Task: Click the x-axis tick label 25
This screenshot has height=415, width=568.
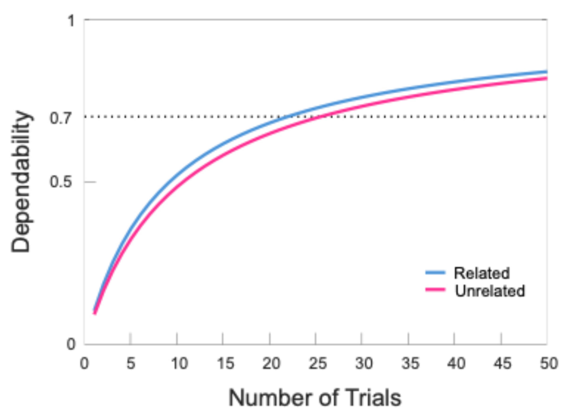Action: (318, 364)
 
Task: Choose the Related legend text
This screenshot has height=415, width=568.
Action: (482, 273)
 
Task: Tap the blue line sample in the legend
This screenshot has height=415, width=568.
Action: (435, 272)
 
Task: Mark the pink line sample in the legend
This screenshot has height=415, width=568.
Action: (435, 290)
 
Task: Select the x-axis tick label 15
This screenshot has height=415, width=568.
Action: (225, 364)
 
